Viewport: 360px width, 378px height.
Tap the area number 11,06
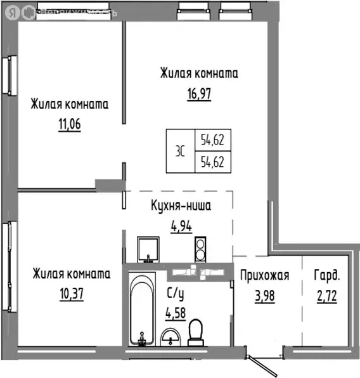(70, 125)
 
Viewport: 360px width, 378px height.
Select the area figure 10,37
(71, 294)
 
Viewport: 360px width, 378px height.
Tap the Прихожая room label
(265, 275)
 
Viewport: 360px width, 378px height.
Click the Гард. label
(326, 275)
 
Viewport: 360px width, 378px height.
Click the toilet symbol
(196, 330)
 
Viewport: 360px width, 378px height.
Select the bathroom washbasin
(170, 336)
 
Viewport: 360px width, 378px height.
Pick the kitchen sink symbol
(149, 249)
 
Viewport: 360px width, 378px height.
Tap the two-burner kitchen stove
(200, 248)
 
